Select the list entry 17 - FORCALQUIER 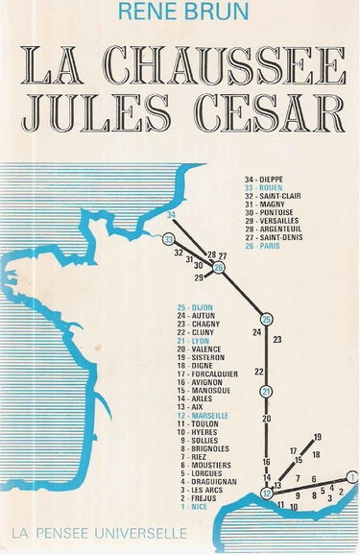pos(208,374)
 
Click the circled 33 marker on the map pos(169,239)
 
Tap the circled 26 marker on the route pos(219,268)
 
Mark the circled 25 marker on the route pos(267,320)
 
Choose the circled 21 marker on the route pos(267,390)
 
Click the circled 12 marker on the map pos(267,494)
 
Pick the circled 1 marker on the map pos(352,477)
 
